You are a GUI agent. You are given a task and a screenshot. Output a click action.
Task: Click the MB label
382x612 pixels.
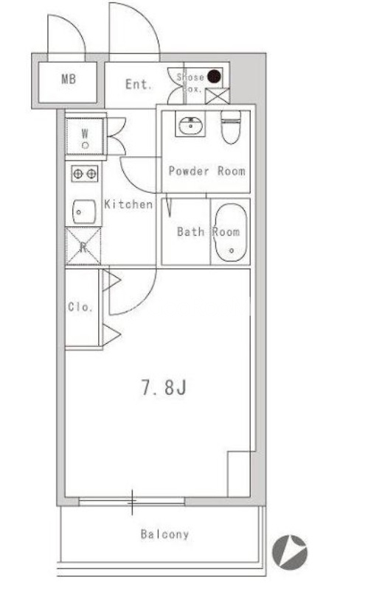pyautogui.click(x=69, y=80)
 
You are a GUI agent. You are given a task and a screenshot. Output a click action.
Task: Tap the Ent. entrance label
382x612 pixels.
pyautogui.click(x=139, y=84)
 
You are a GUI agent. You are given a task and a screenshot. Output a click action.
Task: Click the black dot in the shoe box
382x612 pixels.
pyautogui.click(x=214, y=77)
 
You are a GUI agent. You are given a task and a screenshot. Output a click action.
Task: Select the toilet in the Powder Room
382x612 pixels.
pyautogui.click(x=231, y=127)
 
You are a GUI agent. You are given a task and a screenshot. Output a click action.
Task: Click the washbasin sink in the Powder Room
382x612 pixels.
pyautogui.click(x=190, y=125)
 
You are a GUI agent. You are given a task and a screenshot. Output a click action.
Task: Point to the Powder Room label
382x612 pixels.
pyautogui.click(x=206, y=171)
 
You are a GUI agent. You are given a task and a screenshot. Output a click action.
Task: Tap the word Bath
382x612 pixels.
pyautogui.click(x=191, y=232)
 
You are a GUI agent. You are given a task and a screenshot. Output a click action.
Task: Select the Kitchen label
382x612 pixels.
pyautogui.click(x=128, y=204)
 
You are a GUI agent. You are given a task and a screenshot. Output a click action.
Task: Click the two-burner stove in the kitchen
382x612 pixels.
pyautogui.click(x=85, y=174)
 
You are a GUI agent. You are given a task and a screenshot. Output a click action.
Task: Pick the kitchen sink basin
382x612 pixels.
pyautogui.click(x=84, y=212)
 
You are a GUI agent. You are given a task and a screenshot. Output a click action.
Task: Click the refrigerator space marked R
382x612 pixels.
pyautogui.click(x=83, y=247)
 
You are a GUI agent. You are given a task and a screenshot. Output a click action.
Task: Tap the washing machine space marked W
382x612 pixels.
pyautogui.click(x=85, y=137)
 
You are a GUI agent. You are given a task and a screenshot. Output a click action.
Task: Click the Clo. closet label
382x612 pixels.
pyautogui.click(x=80, y=307)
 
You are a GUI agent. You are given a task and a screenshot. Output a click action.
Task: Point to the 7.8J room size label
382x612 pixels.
pyautogui.click(x=164, y=388)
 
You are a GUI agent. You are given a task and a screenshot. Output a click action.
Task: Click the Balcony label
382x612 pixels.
pyautogui.click(x=164, y=534)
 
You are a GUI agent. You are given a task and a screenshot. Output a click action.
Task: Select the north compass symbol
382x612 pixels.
pyautogui.click(x=290, y=552)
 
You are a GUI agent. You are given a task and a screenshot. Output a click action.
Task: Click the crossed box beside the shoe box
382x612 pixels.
pyautogui.click(x=218, y=96)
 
